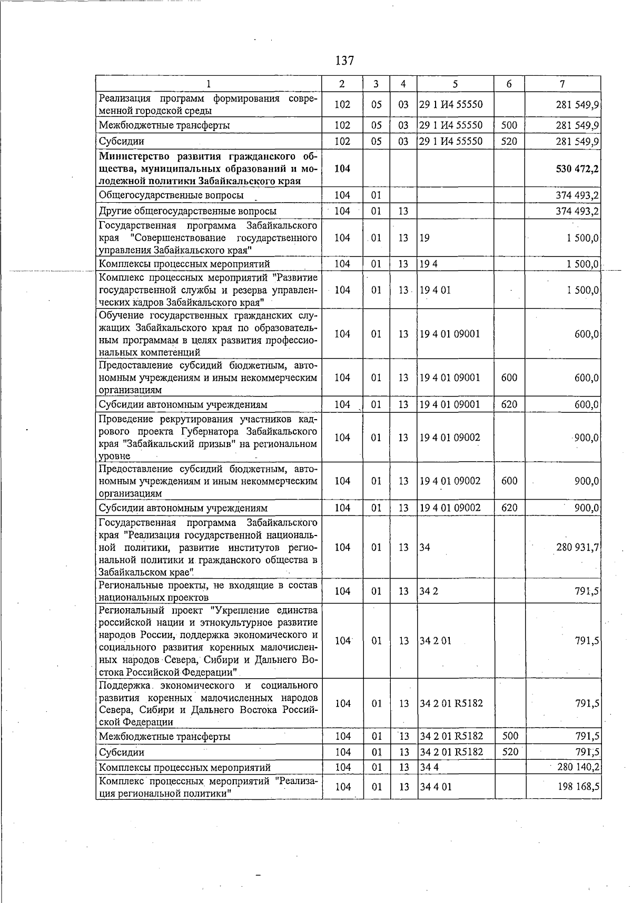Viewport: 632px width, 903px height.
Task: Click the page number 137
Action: (344, 61)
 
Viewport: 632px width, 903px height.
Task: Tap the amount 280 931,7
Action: (577, 548)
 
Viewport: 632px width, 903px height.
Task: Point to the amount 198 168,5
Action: (578, 787)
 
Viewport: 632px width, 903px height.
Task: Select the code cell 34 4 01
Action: (436, 787)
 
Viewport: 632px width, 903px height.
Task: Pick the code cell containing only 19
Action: (424, 238)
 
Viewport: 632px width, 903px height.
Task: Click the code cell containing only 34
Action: (424, 548)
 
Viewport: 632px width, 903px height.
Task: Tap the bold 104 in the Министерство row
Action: (342, 169)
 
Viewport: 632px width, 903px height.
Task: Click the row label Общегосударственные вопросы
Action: (171, 195)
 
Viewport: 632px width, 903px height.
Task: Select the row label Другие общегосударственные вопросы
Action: (187, 211)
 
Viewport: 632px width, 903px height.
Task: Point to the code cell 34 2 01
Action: (436, 641)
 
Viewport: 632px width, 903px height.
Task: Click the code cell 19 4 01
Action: (436, 290)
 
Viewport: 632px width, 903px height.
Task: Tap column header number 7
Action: (562, 84)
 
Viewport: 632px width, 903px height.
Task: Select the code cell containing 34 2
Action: (429, 591)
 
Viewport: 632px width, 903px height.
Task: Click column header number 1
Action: (209, 84)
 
